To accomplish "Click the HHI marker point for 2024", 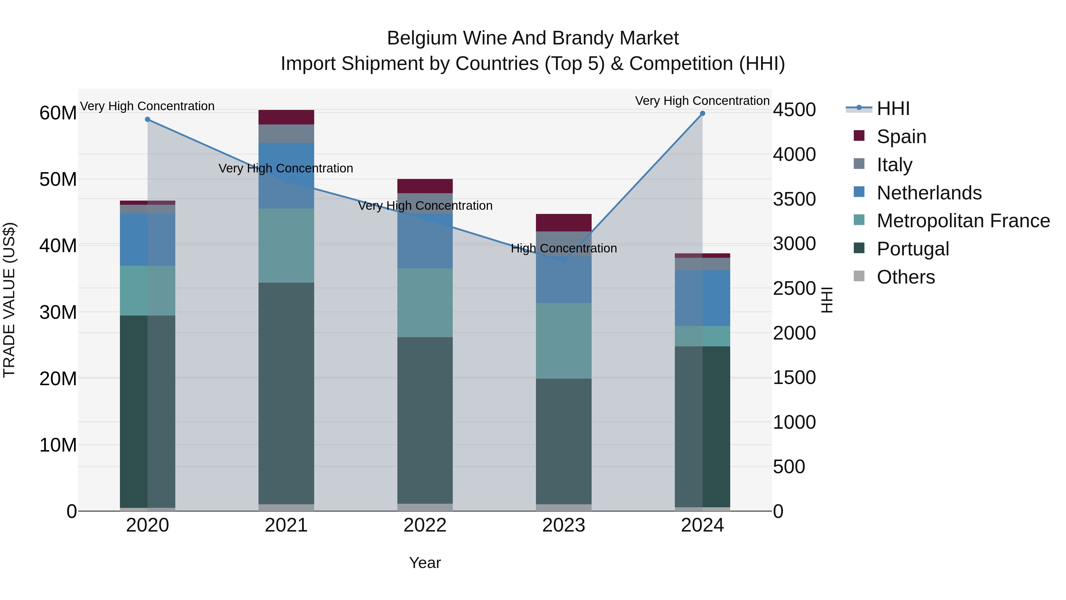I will (x=702, y=113).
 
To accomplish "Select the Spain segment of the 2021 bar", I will (x=286, y=117).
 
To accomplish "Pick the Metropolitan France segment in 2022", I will (x=425, y=303).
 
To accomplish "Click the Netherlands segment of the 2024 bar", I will (x=702, y=298).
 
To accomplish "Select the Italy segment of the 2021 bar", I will (x=286, y=134).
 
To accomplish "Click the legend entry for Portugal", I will (x=913, y=249).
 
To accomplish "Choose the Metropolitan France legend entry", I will (x=963, y=221).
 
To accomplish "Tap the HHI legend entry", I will (x=893, y=108).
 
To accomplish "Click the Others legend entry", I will (x=906, y=277).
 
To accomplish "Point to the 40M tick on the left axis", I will (x=58, y=246).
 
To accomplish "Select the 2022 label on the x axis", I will (x=425, y=525).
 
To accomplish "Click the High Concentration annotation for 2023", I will (x=563, y=249).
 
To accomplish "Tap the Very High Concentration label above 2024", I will (x=702, y=101).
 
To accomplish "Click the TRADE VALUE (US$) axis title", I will (x=9, y=300).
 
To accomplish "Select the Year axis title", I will (x=425, y=563).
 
